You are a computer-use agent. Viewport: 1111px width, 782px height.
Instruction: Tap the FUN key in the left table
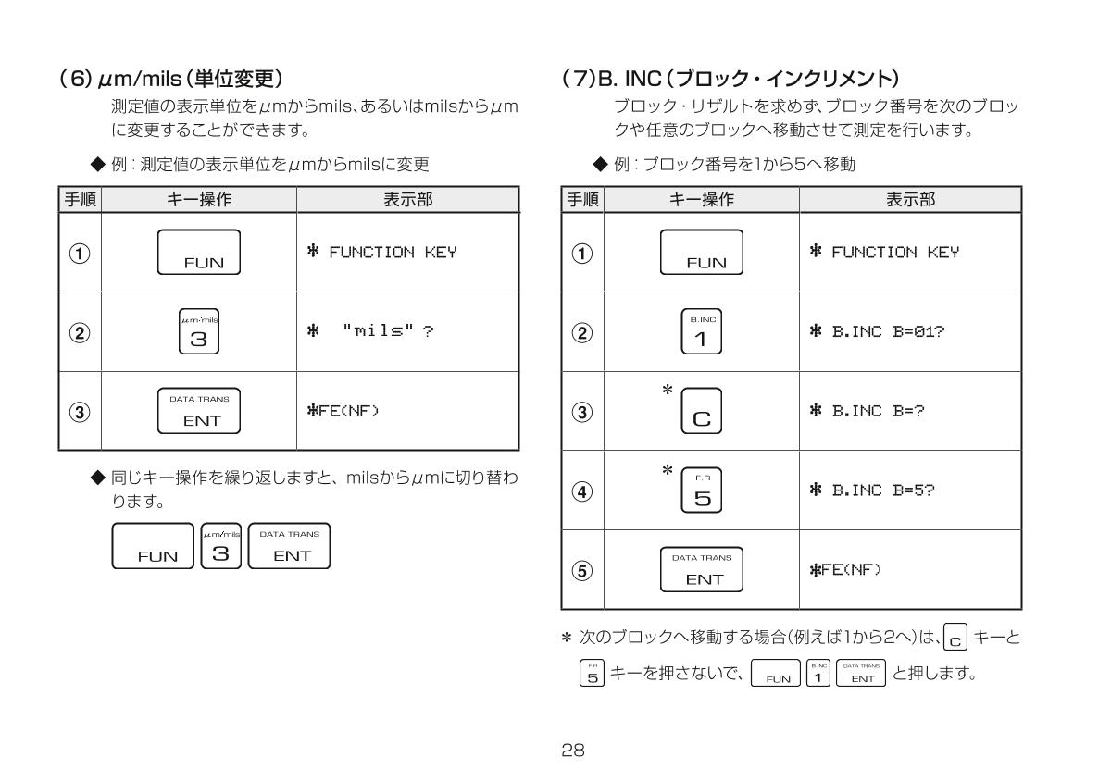click(x=199, y=253)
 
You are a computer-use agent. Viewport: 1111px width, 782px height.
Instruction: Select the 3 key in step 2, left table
click(x=199, y=331)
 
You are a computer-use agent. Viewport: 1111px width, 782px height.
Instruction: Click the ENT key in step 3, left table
click(x=199, y=411)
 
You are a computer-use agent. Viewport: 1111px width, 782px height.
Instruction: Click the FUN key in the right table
click(x=700, y=253)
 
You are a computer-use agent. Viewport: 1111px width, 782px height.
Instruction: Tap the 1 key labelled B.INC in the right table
click(x=701, y=331)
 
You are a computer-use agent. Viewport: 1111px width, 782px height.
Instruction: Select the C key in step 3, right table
click(x=701, y=413)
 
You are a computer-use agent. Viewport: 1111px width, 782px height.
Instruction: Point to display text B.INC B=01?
click(x=875, y=332)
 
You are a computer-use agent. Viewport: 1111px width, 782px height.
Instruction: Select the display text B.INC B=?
click(x=867, y=412)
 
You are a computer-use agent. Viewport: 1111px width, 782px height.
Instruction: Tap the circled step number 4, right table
click(x=579, y=491)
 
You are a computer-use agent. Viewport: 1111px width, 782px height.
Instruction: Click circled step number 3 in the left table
click(x=78, y=411)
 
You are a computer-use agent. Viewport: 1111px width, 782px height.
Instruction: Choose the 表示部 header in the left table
click(x=407, y=199)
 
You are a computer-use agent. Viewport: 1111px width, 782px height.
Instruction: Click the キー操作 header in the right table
click(x=701, y=199)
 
